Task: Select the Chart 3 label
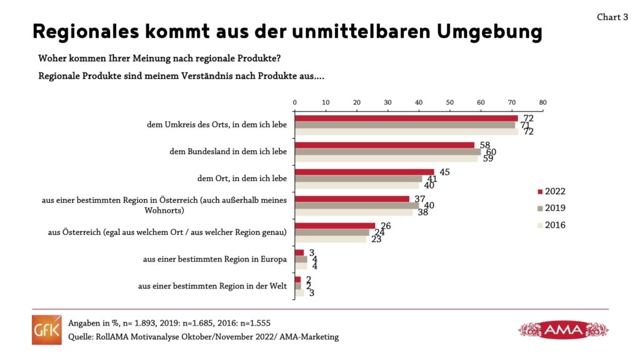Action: click(612, 18)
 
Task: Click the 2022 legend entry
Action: click(551, 191)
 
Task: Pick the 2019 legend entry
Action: click(551, 208)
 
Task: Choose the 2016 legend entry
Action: click(551, 225)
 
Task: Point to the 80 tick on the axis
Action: click(542, 102)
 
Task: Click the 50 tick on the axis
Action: click(449, 102)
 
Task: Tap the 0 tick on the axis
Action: click(295, 102)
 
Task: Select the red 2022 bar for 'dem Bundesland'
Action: click(384, 145)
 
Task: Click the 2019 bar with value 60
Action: click(387, 151)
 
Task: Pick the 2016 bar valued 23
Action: click(330, 239)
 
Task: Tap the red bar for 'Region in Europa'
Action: click(299, 252)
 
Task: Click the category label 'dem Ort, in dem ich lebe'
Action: click(242, 178)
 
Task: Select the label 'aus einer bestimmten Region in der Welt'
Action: click(212, 286)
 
